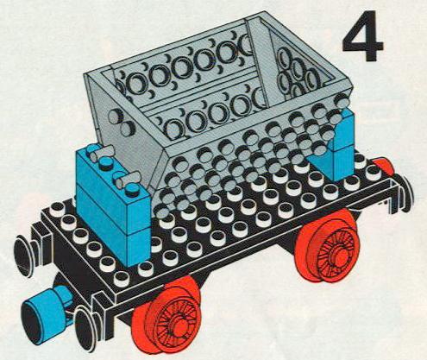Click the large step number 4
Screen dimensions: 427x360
pyautogui.click(x=363, y=36)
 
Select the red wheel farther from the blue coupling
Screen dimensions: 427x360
pyautogui.click(x=328, y=246)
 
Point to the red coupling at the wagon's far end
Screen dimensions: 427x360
pyautogui.click(x=384, y=167)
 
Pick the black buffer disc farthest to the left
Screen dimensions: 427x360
pyautogui.click(x=23, y=256)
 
